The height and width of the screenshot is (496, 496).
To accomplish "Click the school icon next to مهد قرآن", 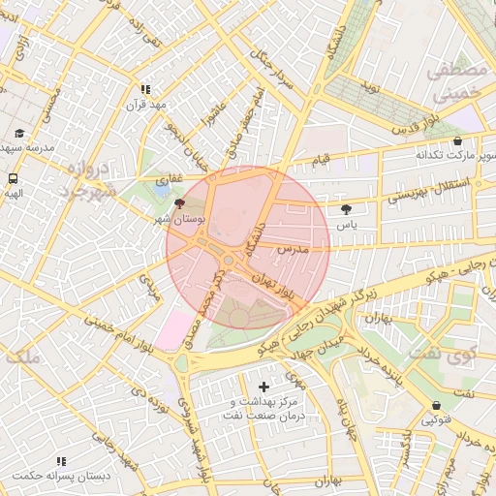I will (145, 89).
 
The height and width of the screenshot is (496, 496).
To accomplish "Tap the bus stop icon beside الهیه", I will (14, 178).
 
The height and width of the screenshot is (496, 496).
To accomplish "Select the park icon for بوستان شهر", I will (177, 203).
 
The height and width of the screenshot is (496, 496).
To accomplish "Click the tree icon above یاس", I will (346, 209).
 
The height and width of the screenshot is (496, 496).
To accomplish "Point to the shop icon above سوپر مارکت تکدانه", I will (457, 141).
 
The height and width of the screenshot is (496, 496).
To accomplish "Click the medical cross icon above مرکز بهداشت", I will (263, 387).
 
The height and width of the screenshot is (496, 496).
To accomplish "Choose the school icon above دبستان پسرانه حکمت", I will (61, 461).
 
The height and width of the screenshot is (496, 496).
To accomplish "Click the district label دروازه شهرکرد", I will (92, 179).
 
